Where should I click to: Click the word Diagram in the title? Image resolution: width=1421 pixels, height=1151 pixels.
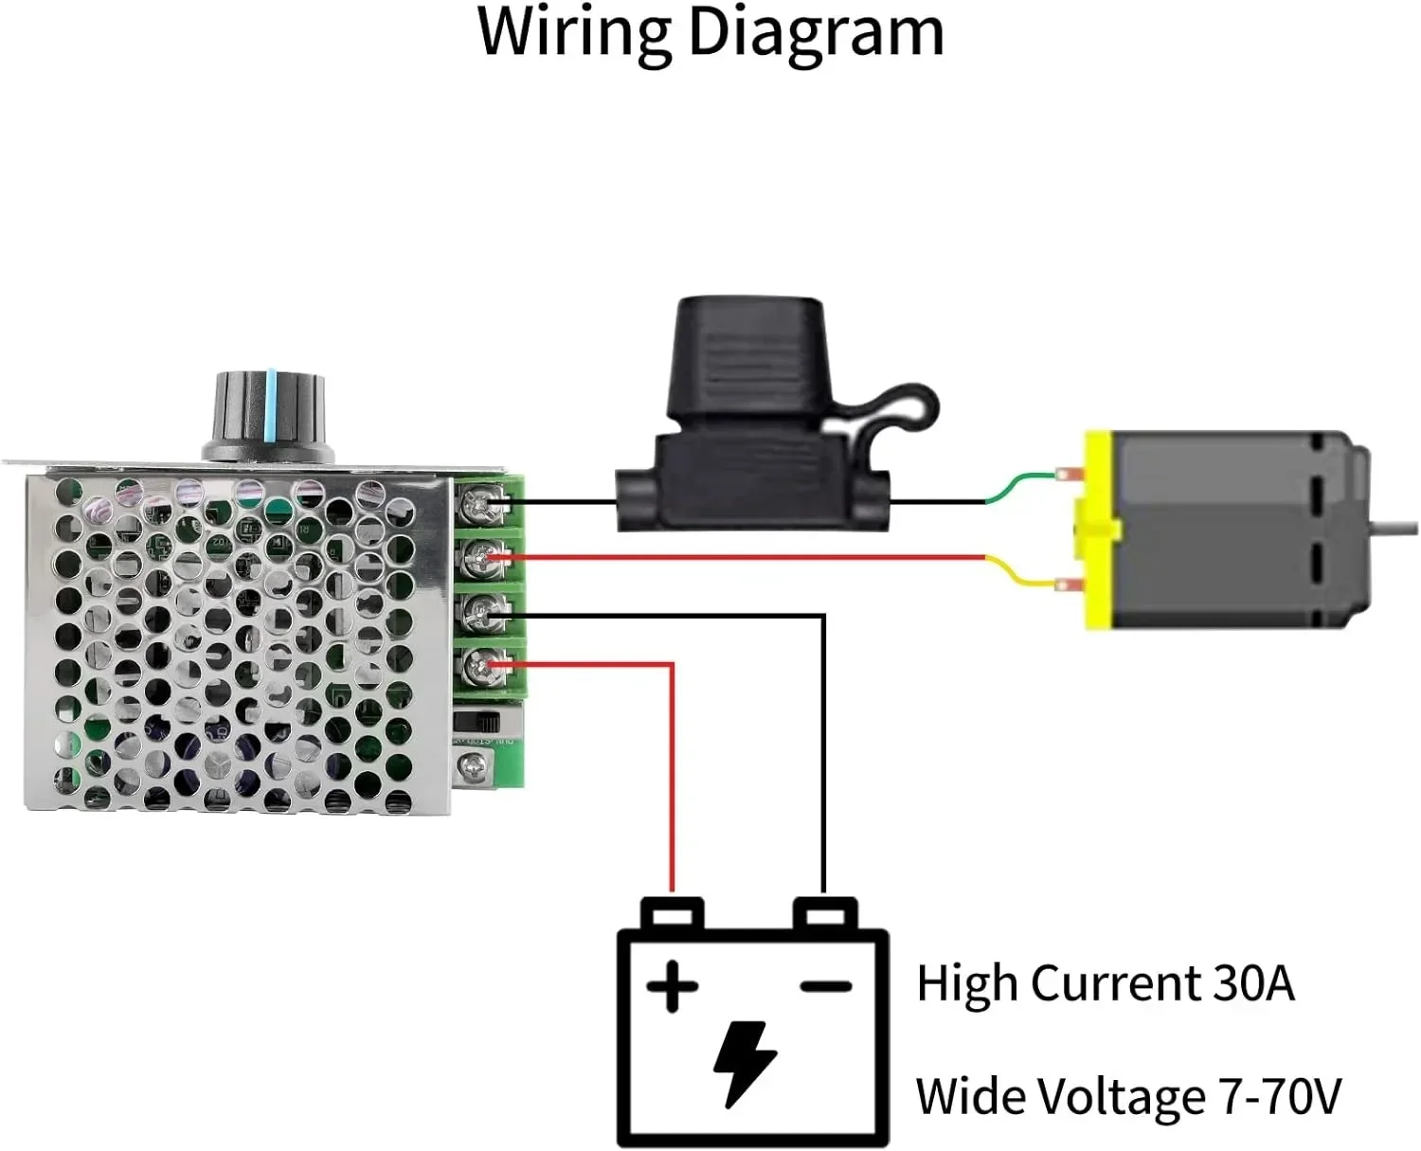(x=815, y=34)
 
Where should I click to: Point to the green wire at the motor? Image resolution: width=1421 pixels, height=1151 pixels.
(x=1019, y=484)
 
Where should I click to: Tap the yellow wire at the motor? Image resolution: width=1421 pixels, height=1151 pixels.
(x=1019, y=573)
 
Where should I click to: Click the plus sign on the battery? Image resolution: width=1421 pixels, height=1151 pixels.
(x=673, y=986)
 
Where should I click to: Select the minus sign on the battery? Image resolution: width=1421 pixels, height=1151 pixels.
(x=826, y=986)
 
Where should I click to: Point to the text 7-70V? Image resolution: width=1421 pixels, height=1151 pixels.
(x=1280, y=1097)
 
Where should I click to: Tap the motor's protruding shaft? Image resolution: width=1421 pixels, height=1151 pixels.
(x=1396, y=526)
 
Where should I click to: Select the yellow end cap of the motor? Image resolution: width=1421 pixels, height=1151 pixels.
(x=1097, y=531)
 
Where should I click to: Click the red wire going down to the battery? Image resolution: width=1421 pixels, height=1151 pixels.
(x=673, y=777)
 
